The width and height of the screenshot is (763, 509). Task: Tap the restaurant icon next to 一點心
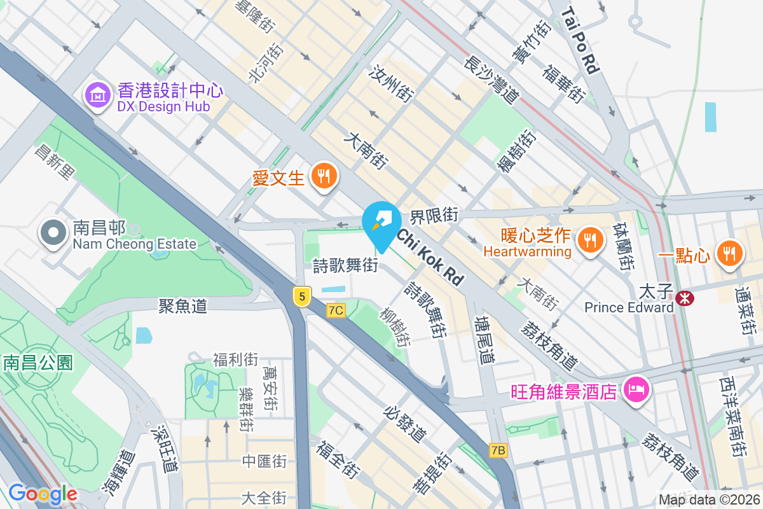(x=727, y=254)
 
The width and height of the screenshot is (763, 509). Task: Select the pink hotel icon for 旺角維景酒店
(x=636, y=389)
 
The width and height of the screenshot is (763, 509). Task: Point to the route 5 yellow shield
(x=302, y=296)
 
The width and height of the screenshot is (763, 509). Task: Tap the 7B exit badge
(x=498, y=450)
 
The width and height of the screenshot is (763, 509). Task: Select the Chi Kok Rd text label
(x=430, y=257)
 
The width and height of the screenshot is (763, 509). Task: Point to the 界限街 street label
(x=434, y=216)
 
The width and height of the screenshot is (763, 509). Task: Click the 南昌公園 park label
(x=38, y=363)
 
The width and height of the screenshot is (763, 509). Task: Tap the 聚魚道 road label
(x=183, y=307)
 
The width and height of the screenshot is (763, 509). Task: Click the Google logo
(x=43, y=494)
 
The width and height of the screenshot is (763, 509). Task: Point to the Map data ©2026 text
(x=708, y=500)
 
